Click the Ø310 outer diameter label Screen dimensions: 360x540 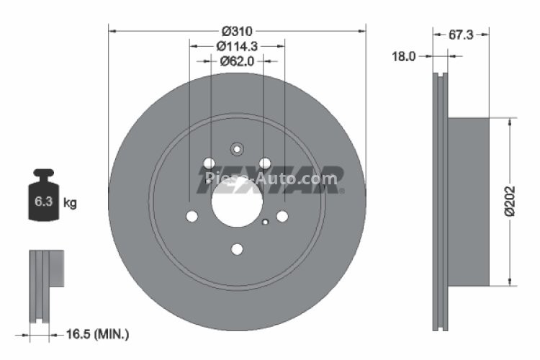tap(236, 32)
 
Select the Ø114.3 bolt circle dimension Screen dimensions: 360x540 tap(237, 47)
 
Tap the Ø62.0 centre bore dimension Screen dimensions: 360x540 tap(237, 61)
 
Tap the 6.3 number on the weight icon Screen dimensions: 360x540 tap(43, 204)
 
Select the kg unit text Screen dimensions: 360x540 tap(70, 204)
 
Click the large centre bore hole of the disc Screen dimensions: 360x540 tap(237, 199)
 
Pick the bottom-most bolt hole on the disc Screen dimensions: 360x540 tap(237, 249)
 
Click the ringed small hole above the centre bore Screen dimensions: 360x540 tap(237, 150)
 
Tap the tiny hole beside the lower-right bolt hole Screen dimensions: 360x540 tap(266, 221)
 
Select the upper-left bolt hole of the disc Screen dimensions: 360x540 tap(209, 163)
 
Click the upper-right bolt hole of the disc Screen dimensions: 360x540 tap(265, 163)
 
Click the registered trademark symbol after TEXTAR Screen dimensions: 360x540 tap(342, 191)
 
